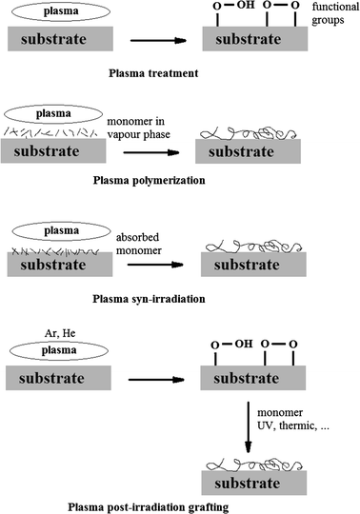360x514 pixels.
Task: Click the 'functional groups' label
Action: pos(330,18)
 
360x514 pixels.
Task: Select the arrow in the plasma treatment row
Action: pos(157,41)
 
